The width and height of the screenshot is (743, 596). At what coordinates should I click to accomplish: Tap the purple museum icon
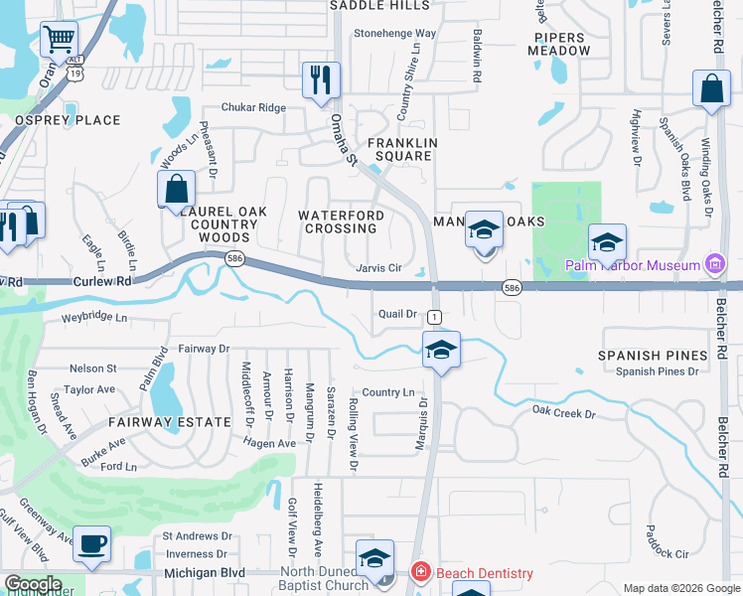[x=713, y=264]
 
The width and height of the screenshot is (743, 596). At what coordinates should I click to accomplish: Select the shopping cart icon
[x=59, y=41]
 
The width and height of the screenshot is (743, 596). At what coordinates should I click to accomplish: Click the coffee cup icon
[x=92, y=544]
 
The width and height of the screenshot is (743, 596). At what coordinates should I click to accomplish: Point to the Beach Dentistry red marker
[x=421, y=573]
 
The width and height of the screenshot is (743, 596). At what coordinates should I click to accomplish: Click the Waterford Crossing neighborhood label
[x=342, y=222]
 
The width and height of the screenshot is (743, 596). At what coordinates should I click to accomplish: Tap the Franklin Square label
[x=402, y=150]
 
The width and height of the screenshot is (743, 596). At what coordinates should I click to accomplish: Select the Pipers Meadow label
[x=557, y=43]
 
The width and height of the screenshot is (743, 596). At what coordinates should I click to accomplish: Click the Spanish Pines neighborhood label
[x=653, y=355]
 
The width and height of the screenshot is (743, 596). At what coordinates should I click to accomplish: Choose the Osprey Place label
[x=67, y=120]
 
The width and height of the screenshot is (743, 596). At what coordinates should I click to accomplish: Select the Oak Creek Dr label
[x=562, y=412]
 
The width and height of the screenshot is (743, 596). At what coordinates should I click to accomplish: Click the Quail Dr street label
[x=397, y=314]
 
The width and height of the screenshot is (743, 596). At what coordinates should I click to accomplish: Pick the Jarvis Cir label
[x=378, y=268]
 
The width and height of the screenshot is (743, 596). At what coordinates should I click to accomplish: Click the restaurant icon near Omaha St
[x=320, y=80]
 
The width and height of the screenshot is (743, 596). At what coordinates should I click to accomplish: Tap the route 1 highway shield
[x=434, y=317]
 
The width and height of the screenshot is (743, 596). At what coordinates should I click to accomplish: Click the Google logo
[x=33, y=584]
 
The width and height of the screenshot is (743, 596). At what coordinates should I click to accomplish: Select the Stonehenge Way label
[x=395, y=33]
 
